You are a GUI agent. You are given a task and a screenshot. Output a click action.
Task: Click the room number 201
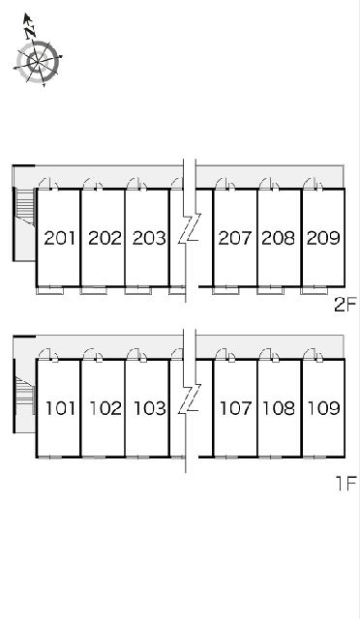point(60,238)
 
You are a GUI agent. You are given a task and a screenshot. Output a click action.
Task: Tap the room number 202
point(105,238)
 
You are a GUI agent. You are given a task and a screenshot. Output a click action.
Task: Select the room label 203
point(149,238)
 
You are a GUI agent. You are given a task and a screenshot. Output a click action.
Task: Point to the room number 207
point(235,238)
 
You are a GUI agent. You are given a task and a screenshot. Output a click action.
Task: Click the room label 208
point(279,238)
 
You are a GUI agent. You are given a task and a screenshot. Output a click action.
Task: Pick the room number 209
point(323,238)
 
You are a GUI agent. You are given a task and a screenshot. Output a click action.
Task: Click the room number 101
point(60,408)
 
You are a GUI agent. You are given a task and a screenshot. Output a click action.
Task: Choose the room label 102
point(105,408)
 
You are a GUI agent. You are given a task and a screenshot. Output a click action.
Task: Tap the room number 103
point(150,408)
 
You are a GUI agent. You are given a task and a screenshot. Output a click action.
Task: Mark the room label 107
point(235,408)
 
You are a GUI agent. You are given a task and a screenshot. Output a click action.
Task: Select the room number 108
point(280,408)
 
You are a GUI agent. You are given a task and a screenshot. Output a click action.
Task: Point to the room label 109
point(324,408)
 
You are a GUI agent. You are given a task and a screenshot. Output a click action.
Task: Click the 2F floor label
point(345,305)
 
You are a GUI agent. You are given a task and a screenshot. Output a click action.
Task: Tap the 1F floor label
point(346,484)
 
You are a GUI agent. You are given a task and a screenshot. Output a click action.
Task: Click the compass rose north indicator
point(28,26)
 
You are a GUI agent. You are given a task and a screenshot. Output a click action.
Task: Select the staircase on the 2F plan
point(25,207)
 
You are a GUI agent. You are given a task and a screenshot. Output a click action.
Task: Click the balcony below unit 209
point(315,290)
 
